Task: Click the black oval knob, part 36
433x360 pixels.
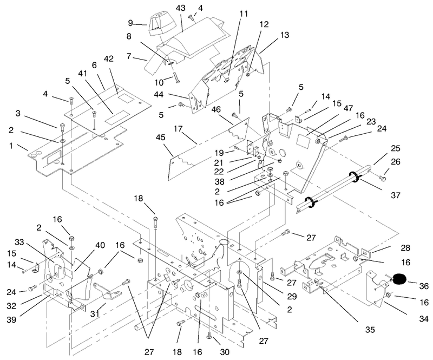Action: click(399, 279)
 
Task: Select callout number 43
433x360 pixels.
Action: click(181, 8)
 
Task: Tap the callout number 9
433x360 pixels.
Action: click(130, 23)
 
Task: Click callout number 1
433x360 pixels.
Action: click(11, 145)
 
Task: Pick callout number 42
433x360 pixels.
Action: click(109, 58)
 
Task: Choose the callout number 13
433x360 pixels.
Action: click(285, 35)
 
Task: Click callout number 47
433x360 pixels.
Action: click(348, 108)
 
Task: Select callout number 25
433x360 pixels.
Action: click(396, 148)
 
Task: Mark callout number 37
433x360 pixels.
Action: click(396, 195)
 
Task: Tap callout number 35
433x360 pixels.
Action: click(370, 329)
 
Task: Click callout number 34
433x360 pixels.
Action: click(424, 319)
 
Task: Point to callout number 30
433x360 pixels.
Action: click(225, 352)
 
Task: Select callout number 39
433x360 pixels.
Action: click(11, 319)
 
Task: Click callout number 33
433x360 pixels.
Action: click(19, 243)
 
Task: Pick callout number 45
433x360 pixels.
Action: click(160, 137)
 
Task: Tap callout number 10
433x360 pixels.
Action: click(159, 82)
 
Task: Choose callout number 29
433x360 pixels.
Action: click(292, 296)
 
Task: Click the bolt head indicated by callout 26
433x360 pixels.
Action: click(383, 178)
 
